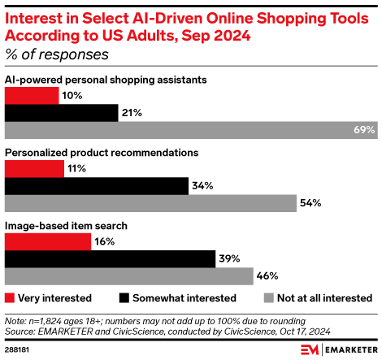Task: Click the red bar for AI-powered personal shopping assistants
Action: click(x=32, y=96)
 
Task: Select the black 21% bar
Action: click(x=61, y=113)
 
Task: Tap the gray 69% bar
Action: click(x=191, y=130)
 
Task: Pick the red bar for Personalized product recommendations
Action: click(x=34, y=168)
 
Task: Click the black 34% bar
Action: click(x=96, y=185)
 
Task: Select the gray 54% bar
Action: click(x=150, y=202)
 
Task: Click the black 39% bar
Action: click(x=110, y=258)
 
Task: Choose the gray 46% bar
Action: click(x=129, y=275)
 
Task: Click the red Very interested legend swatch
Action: click(x=10, y=298)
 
